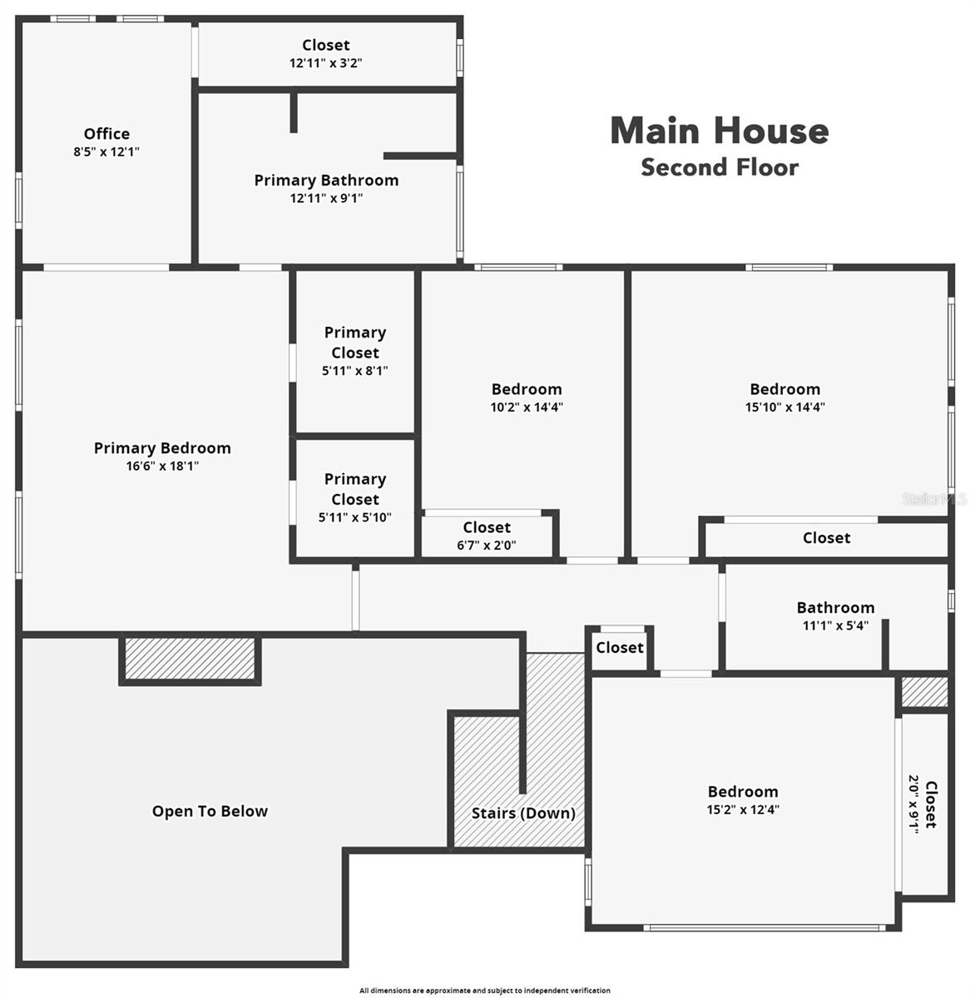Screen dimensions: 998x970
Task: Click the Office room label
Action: tap(106, 134)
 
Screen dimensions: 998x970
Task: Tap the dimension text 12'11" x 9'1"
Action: tap(326, 198)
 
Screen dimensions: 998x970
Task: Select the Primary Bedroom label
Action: tap(162, 448)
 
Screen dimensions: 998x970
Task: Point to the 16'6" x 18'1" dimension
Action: tap(162, 467)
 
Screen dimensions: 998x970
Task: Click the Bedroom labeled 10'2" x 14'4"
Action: tap(527, 389)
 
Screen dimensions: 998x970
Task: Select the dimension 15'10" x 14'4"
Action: tap(785, 408)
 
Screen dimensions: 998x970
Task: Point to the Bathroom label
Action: tap(835, 608)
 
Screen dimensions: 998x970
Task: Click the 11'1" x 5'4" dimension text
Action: tap(835, 625)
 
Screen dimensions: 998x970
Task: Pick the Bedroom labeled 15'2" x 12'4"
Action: tap(743, 792)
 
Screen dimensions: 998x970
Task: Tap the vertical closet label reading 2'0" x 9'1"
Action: tap(913, 803)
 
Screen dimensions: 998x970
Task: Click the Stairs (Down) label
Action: tap(523, 813)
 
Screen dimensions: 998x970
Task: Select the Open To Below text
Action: tap(210, 812)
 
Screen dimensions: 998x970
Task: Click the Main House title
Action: tap(720, 131)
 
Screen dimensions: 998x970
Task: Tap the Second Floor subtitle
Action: tap(720, 167)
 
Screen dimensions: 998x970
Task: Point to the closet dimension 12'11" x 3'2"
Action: tap(326, 62)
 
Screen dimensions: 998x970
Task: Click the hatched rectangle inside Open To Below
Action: tap(190, 658)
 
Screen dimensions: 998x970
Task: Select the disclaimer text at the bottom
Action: tap(485, 991)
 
